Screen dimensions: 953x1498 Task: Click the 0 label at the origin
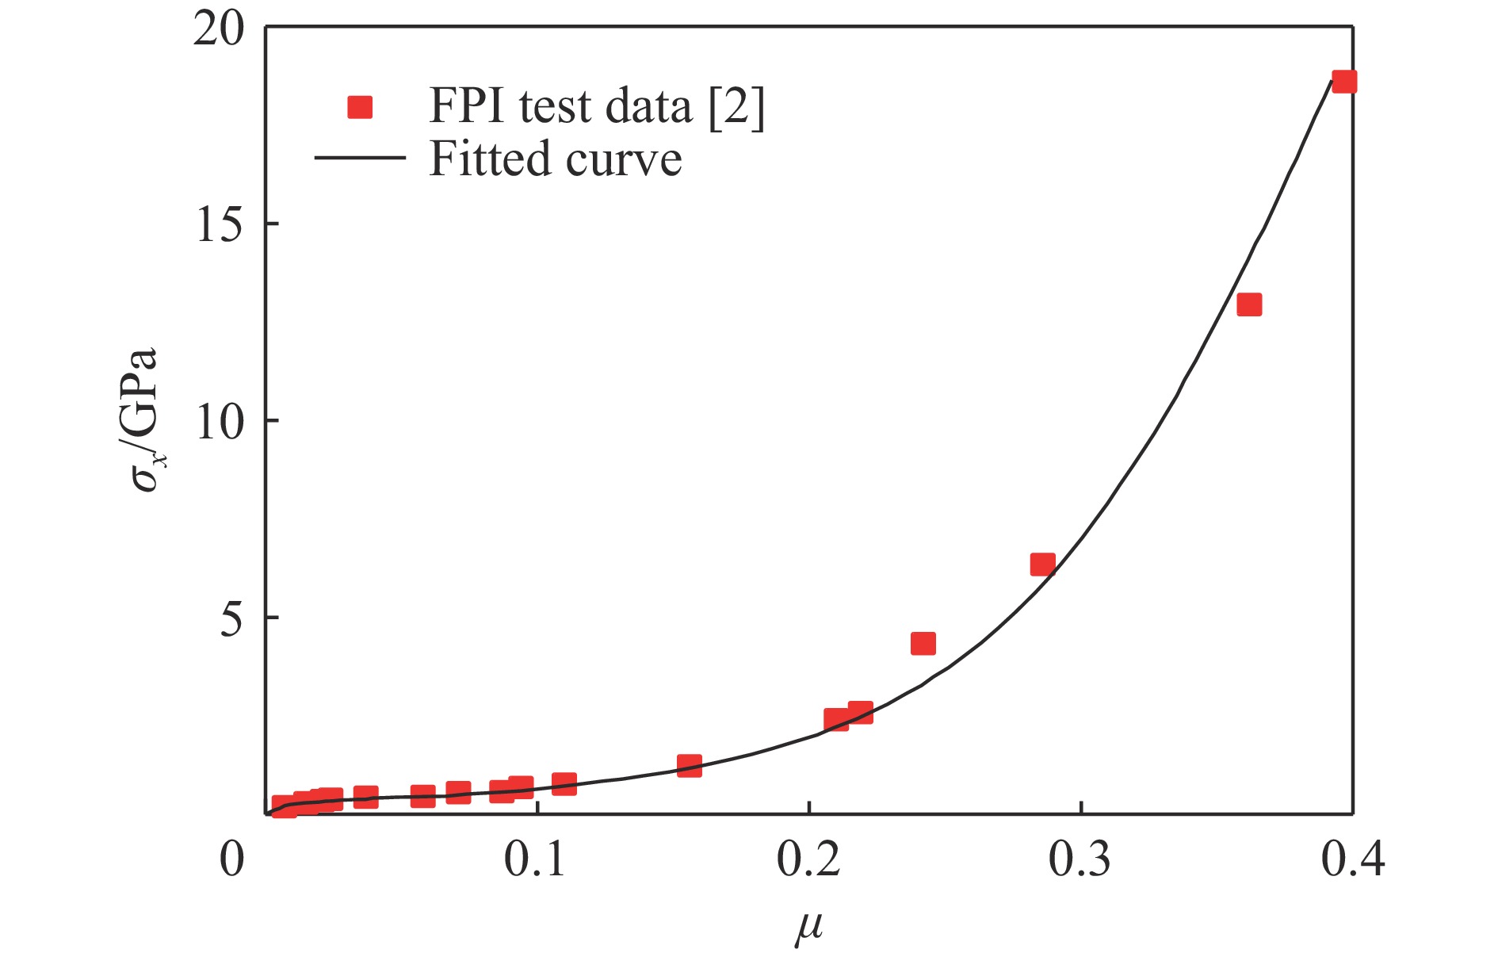coord(231,859)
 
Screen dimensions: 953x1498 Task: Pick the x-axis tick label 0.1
coord(537,859)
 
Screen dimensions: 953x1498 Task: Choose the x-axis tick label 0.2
coord(808,859)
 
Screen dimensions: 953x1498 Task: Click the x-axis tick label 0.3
coord(1080,859)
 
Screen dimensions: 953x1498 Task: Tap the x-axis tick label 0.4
coord(1352,859)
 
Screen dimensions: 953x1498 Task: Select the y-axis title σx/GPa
coord(145,419)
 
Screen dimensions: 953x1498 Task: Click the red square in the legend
coord(360,106)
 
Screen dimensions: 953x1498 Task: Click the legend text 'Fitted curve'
coord(555,159)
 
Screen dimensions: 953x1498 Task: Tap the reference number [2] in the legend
coord(736,106)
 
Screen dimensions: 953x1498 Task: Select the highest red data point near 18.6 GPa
coord(1344,82)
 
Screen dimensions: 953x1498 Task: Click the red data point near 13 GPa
coord(1249,304)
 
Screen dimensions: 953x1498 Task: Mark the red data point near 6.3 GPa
coord(1042,565)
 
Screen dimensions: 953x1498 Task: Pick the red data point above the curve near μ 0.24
coord(923,643)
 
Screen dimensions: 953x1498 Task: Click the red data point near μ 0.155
coord(690,765)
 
